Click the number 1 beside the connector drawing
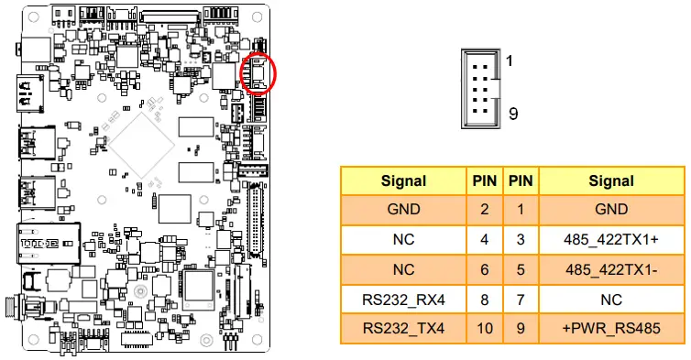click(x=510, y=60)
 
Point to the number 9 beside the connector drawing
click(x=513, y=115)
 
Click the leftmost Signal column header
click(x=403, y=181)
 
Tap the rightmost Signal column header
click(x=611, y=181)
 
